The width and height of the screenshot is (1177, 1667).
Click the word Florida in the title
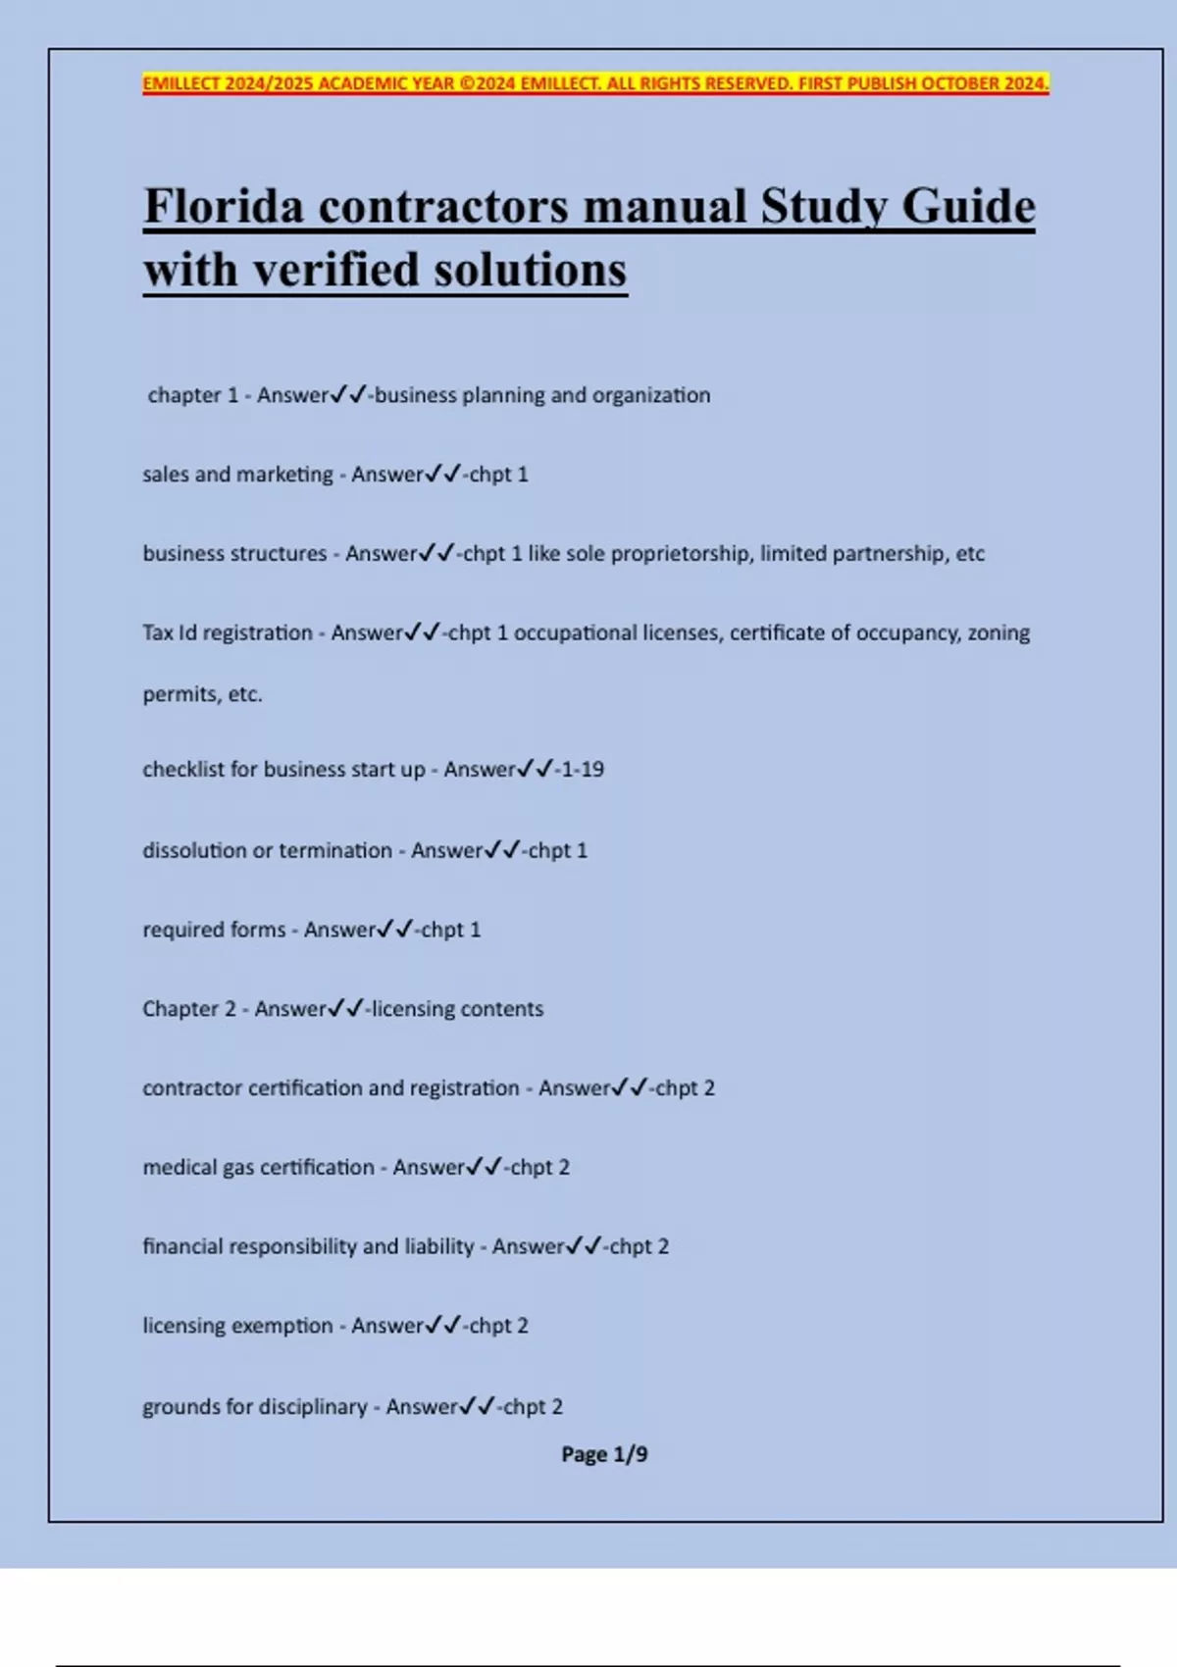224,207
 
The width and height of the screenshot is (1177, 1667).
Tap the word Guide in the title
968,207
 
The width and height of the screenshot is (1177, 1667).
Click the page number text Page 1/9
604,1454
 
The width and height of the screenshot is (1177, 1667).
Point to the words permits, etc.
202,694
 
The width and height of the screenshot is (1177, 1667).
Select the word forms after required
259,930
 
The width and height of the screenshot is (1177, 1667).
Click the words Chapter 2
189,1009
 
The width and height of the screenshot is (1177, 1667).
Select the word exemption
283,1326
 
